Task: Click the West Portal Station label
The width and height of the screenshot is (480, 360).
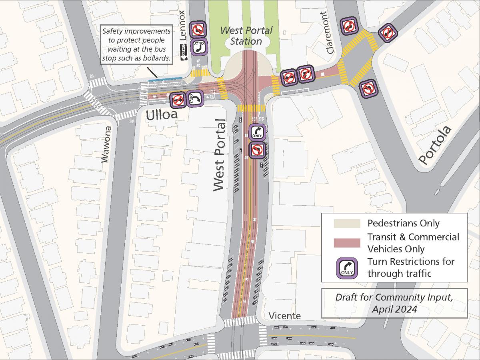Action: (x=246, y=36)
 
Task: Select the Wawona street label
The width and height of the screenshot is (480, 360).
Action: (x=105, y=144)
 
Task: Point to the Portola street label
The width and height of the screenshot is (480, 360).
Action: (x=435, y=145)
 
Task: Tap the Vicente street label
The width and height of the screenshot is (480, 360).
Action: (x=284, y=316)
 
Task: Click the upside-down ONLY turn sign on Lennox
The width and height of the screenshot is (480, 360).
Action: (x=198, y=46)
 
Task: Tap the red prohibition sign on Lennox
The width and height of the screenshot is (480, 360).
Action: (x=198, y=29)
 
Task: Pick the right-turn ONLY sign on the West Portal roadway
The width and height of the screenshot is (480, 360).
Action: (x=257, y=132)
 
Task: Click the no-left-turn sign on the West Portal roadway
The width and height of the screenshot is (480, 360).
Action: (x=257, y=150)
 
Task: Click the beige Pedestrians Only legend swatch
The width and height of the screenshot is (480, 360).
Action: (x=346, y=223)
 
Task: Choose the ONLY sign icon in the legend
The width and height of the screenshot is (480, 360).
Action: (x=346, y=267)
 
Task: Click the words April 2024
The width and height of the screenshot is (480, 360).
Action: (x=394, y=309)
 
